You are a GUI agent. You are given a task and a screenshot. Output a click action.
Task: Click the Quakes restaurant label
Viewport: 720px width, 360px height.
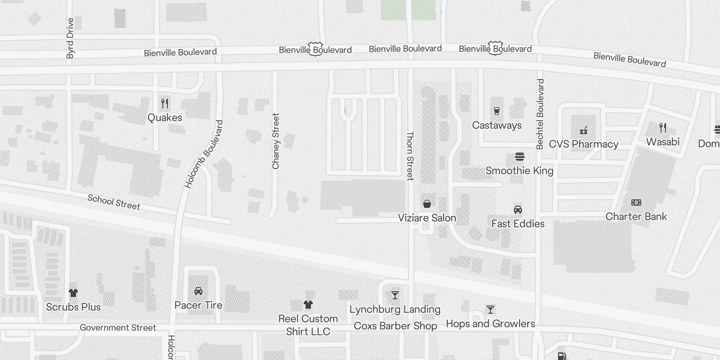click(x=165, y=117)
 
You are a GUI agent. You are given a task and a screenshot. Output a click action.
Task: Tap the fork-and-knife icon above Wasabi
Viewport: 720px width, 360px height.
click(x=662, y=128)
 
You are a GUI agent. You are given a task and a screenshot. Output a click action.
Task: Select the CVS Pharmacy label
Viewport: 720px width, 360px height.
click(x=584, y=144)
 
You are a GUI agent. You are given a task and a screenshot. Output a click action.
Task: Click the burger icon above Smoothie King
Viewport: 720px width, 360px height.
click(x=520, y=157)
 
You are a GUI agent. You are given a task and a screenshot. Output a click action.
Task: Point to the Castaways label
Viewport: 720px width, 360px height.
click(x=497, y=126)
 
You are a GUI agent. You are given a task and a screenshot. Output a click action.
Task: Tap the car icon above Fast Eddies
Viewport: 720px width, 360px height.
click(x=518, y=210)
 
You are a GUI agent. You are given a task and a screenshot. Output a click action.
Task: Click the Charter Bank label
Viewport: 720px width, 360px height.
click(x=636, y=216)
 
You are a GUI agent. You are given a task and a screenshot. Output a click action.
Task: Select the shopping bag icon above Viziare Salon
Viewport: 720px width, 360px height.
click(x=427, y=204)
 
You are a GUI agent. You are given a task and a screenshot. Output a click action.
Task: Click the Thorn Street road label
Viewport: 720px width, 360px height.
click(x=409, y=156)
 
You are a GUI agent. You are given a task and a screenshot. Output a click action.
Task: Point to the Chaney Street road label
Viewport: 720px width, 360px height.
click(x=276, y=141)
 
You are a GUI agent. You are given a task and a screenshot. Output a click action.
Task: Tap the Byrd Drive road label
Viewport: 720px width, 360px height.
click(x=70, y=38)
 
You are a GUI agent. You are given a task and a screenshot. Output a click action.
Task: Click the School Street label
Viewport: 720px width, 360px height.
click(x=114, y=202)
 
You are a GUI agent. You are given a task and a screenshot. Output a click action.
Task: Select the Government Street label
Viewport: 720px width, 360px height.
click(x=118, y=328)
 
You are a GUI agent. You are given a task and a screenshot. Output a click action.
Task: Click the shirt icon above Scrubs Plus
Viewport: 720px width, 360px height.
click(x=73, y=293)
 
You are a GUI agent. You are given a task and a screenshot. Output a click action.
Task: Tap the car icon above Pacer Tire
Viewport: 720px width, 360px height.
click(x=198, y=291)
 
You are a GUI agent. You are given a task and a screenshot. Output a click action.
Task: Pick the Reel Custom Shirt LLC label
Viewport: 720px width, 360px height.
click(x=308, y=325)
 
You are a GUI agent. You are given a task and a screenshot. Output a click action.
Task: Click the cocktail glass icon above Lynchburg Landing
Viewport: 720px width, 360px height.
click(x=395, y=295)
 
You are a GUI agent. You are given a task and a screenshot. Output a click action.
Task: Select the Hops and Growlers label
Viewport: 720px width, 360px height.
click(x=490, y=324)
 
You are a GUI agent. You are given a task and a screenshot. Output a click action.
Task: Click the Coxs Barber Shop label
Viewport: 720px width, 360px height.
click(x=395, y=326)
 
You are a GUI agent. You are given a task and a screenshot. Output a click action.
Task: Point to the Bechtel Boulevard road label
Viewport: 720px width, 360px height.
click(x=540, y=114)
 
